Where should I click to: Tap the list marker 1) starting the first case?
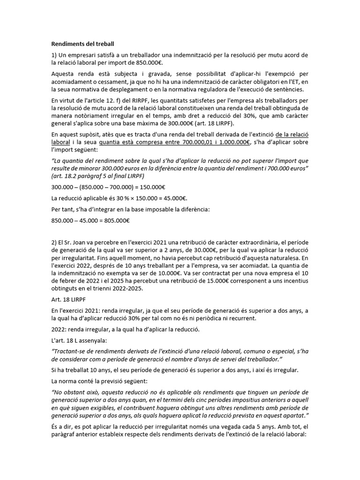pos(54,55)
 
